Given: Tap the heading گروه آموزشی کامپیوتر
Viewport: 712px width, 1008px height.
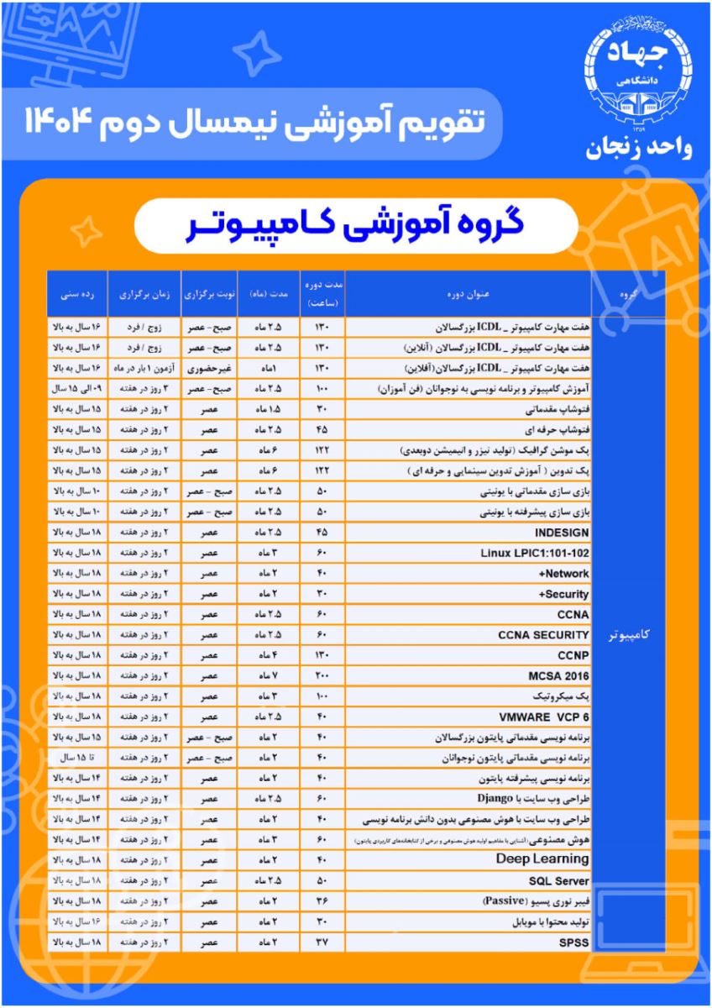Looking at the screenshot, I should point(356,227).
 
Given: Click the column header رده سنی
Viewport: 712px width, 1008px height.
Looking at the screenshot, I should point(76,295).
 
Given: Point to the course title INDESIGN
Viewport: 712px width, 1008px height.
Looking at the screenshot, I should point(562,533).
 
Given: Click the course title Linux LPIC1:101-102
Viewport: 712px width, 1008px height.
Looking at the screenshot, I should point(535,553).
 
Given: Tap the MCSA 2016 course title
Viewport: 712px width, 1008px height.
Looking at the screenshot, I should point(559,675).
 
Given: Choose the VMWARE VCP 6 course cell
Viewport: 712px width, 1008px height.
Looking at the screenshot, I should point(549,716).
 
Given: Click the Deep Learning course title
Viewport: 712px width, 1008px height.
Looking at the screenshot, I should point(542,858).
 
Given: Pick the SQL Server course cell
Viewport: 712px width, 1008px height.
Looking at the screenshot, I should point(559,881).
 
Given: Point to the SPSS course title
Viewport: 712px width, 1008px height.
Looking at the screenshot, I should point(574,942).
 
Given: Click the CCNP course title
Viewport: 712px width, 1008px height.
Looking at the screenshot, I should point(572,654).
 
